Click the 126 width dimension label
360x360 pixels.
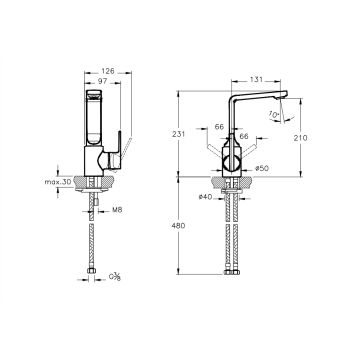coord(108,71)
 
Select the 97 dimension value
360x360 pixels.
coord(103,81)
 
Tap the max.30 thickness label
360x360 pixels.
coord(58,182)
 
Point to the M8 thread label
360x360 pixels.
coord(117,210)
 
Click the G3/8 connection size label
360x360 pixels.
coord(115,277)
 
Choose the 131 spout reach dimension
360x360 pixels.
coord(256,79)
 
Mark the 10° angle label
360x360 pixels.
coord(273,115)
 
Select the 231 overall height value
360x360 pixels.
coord(178,134)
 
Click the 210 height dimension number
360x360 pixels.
coord(301,138)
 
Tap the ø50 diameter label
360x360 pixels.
coord(262,168)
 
